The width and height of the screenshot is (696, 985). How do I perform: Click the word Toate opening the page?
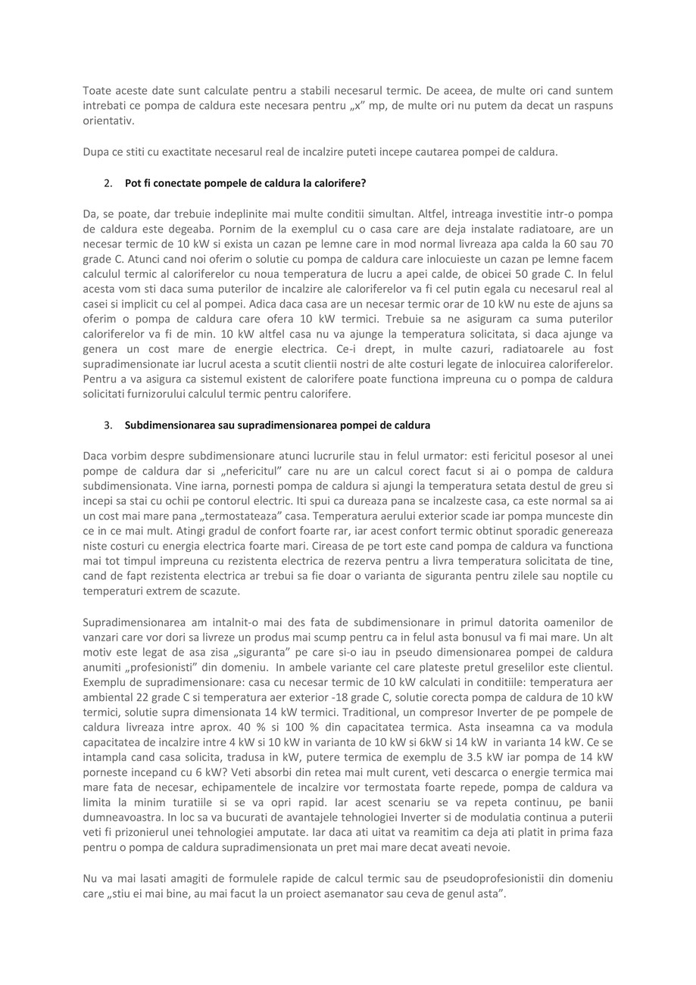point(97,91)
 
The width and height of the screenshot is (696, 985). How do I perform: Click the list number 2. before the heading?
point(108,183)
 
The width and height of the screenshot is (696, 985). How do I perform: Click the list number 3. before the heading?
point(108,425)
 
